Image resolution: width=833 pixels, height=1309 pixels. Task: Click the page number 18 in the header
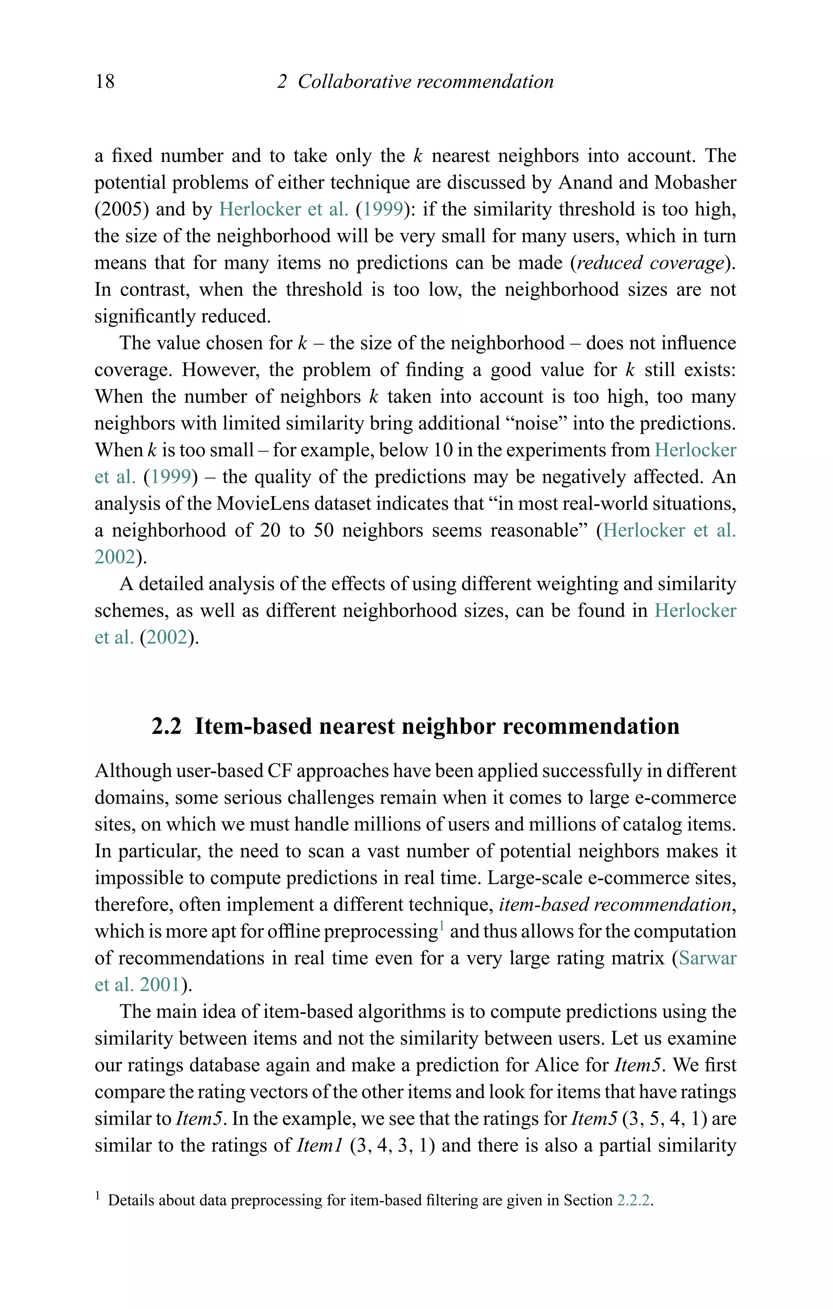(105, 81)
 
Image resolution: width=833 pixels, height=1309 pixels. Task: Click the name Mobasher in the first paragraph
(695, 182)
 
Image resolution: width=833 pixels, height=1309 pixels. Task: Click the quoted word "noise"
(536, 423)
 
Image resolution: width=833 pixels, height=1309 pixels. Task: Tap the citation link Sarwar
(707, 958)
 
